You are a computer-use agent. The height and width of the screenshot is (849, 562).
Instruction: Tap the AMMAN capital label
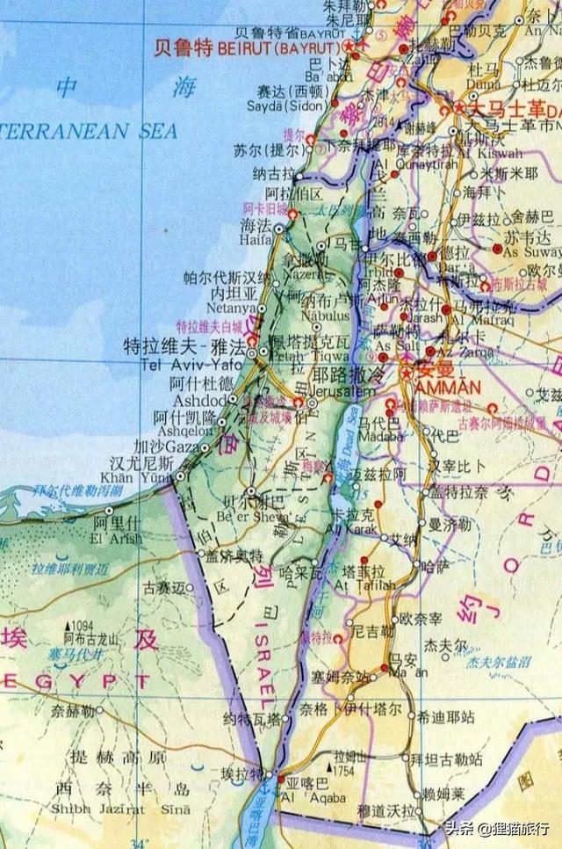click(x=427, y=388)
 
